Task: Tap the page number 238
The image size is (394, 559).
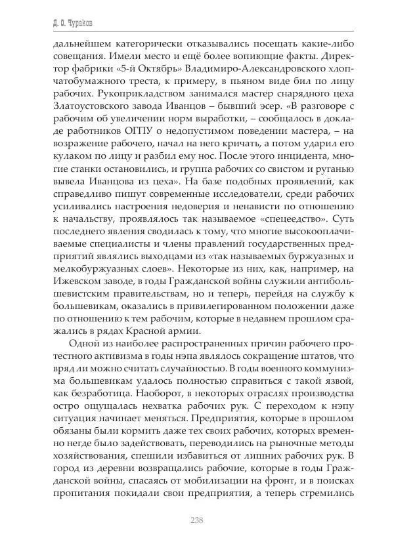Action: [196, 521]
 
